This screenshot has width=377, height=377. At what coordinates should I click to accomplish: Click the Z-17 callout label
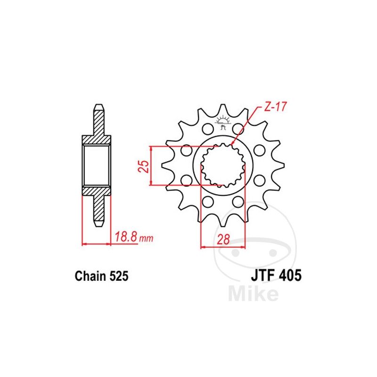click(275, 107)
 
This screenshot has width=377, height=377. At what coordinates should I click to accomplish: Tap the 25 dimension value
click(144, 166)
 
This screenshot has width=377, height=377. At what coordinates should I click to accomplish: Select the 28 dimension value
click(223, 239)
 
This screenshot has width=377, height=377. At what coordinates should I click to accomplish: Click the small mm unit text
click(146, 238)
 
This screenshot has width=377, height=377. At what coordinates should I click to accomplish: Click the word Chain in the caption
click(90, 276)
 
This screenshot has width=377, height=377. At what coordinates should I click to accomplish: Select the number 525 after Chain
click(119, 276)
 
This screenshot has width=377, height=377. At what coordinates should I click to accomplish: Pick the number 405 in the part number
click(290, 276)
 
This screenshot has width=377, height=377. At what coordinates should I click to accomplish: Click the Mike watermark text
click(253, 293)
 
